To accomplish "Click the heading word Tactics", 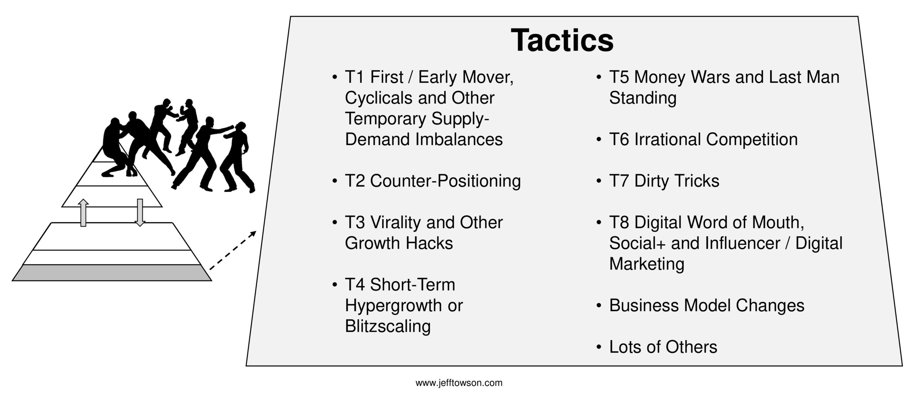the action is pyautogui.click(x=562, y=40).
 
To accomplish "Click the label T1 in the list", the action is pyautogui.click(x=356, y=77).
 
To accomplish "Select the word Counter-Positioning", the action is pyautogui.click(x=445, y=181).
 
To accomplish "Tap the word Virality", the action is pyautogui.click(x=395, y=223).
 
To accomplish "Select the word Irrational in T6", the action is pyautogui.click(x=668, y=140).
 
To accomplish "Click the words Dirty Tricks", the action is pyautogui.click(x=677, y=181).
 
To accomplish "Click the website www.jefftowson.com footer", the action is pyautogui.click(x=459, y=383).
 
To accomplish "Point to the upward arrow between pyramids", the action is pyautogui.click(x=83, y=213).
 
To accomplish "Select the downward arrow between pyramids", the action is pyautogui.click(x=140, y=213).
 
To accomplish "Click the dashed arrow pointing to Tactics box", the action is pyautogui.click(x=233, y=250).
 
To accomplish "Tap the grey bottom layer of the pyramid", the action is pyautogui.click(x=112, y=273).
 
